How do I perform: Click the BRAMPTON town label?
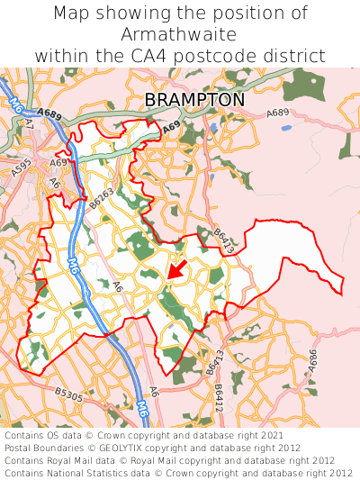tap(194, 99)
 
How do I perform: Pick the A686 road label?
tap(313, 358)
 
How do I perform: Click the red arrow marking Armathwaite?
tap(176, 269)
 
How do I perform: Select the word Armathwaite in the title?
tap(180, 34)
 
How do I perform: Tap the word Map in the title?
tap(71, 14)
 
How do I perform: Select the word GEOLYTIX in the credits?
tap(132, 448)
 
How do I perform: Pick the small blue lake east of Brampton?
tap(286, 128)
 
